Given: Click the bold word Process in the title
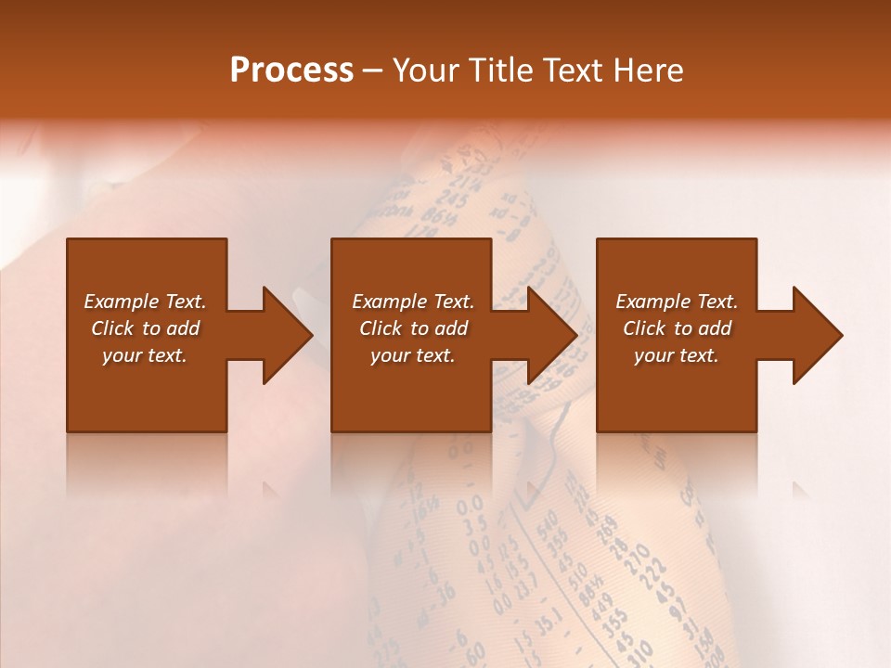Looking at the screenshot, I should coord(291,71).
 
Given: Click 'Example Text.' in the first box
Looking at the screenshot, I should coord(145,302).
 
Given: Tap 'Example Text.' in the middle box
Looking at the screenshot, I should coord(413,302).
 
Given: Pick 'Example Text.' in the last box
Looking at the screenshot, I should coord(677,302).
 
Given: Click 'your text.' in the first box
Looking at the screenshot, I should coord(145,355).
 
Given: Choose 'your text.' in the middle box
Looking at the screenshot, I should coord(413,355).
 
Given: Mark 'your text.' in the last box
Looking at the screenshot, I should coord(677,355).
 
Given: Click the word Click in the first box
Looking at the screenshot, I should coord(112,328).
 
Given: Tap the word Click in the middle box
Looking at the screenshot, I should coord(381,328).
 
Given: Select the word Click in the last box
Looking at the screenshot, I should coord(644,328).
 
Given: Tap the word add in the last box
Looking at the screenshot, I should coord(714,328).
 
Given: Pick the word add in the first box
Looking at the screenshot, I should coord(182,328).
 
